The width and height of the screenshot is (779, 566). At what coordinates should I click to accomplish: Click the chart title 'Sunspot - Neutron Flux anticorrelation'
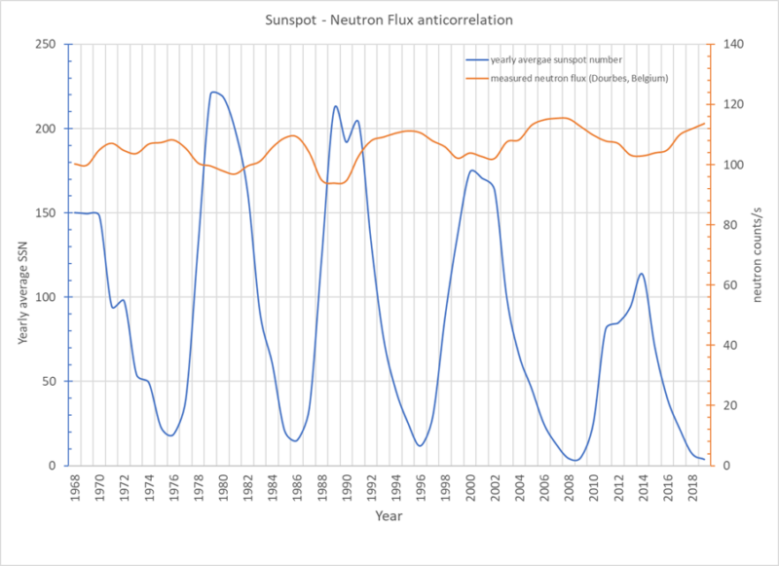coord(389,19)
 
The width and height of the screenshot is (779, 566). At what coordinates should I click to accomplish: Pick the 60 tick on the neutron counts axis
coord(725,285)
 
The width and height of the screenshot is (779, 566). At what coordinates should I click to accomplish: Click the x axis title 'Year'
coord(389,515)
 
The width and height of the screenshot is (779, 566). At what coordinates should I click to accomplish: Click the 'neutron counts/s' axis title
coord(757,256)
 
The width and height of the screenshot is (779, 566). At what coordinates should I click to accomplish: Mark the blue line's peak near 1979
coord(213,92)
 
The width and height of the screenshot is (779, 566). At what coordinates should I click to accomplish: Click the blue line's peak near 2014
coord(641,274)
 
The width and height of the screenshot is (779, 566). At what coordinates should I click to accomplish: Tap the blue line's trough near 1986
coord(294,440)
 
